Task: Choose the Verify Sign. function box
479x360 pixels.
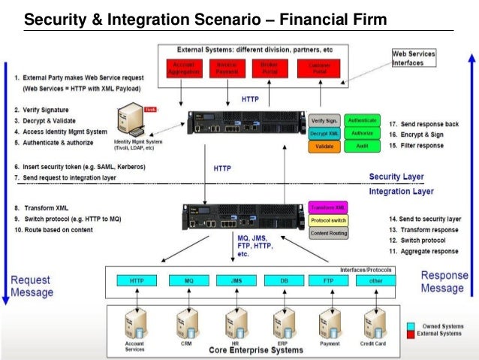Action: point(324,119)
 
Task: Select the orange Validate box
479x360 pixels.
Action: point(324,147)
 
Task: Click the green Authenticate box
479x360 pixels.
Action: point(363,119)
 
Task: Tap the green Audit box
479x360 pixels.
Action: point(363,147)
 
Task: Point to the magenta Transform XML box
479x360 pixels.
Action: point(327,207)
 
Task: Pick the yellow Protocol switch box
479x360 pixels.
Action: point(327,220)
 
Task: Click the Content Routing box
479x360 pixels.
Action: point(327,234)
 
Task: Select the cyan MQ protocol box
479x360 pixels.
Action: point(180,280)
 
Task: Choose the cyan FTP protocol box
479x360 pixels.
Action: point(328,280)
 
